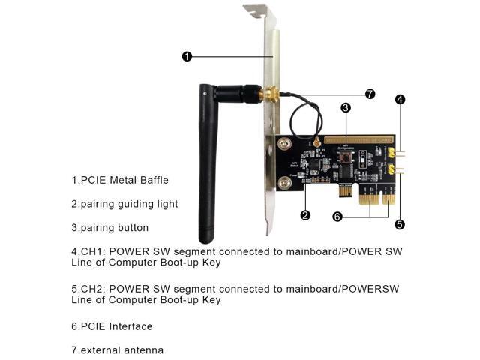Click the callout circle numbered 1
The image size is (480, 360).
pyautogui.click(x=187, y=56)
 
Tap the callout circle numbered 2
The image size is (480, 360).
pyautogui.click(x=305, y=215)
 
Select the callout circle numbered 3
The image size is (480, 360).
pyautogui.click(x=345, y=108)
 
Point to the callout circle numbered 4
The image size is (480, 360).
pyautogui.click(x=400, y=99)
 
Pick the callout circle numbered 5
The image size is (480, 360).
pyautogui.click(x=400, y=223)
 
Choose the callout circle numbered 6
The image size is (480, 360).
pyautogui.click(x=338, y=217)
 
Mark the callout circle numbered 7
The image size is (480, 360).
pyautogui.click(x=370, y=94)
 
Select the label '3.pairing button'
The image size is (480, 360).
pyautogui.click(x=110, y=227)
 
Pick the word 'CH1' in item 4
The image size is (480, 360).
pyautogui.click(x=91, y=251)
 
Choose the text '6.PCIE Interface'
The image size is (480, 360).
pyautogui.click(x=112, y=326)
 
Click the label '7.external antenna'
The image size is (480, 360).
pyautogui.click(x=117, y=349)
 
